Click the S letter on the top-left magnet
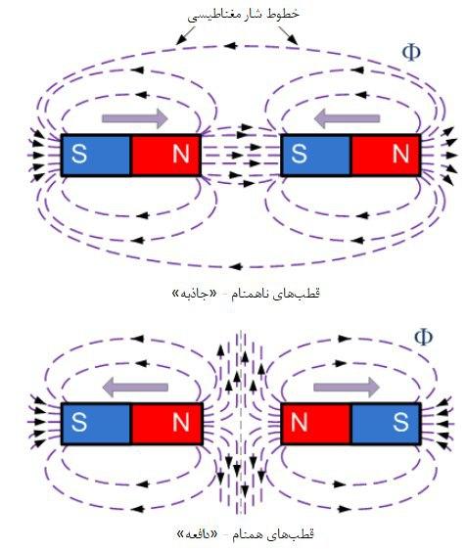[x=79, y=154]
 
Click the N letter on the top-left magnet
[x=181, y=154]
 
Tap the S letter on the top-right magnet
[x=299, y=154]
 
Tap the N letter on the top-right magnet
[x=400, y=154]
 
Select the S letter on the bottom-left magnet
[x=79, y=422]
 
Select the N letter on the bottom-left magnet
[x=181, y=422]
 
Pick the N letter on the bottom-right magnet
[x=299, y=422]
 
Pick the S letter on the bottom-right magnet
[x=400, y=422]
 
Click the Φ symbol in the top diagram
[x=411, y=53]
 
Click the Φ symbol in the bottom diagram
[x=424, y=337]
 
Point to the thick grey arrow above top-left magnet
[x=135, y=118]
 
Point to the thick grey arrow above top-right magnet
[x=347, y=118]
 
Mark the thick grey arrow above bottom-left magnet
[x=135, y=388]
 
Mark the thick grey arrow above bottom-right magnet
[x=347, y=388]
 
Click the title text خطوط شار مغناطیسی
[x=243, y=15]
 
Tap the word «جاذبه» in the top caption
[x=194, y=293]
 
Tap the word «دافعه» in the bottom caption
[x=197, y=534]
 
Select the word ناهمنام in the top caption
[x=251, y=294]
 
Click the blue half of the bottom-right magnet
[x=386, y=424]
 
